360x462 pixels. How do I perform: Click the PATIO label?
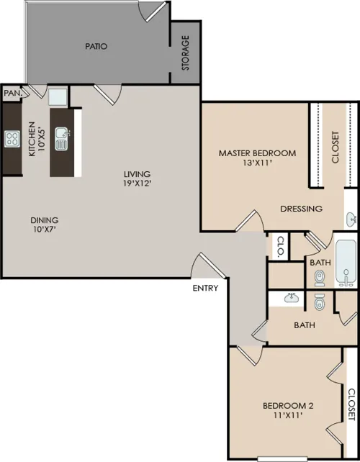[x=96, y=46]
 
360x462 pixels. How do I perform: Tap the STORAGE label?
[x=186, y=53]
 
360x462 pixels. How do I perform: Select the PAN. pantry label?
[x=13, y=94]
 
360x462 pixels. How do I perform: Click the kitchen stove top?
[x=12, y=139]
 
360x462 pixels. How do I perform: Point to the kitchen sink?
[x=62, y=139]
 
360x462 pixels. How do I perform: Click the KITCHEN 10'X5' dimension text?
[x=36, y=139]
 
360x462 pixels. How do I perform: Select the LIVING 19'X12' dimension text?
[x=137, y=178]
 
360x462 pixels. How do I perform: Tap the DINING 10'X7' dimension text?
[x=45, y=225]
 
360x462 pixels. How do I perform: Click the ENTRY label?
[x=205, y=288]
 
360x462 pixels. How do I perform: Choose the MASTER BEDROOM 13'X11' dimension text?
[x=257, y=158]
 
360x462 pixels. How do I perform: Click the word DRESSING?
[x=302, y=209]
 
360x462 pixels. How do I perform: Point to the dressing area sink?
[x=351, y=219]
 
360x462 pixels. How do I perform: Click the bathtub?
[x=346, y=263]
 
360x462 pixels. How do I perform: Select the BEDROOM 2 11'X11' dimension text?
[x=288, y=410]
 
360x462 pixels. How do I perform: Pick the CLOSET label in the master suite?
[x=336, y=147]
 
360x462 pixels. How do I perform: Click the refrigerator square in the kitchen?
[x=58, y=96]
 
